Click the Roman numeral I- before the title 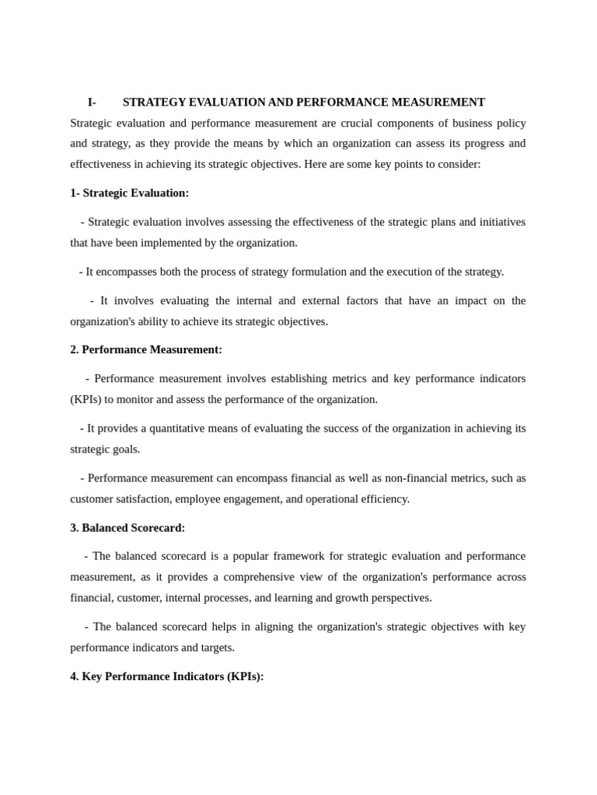(92, 102)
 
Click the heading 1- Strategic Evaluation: (129, 193)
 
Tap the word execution (397, 271)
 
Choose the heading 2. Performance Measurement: (146, 349)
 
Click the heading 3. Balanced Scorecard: (127, 527)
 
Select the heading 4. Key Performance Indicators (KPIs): (167, 676)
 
